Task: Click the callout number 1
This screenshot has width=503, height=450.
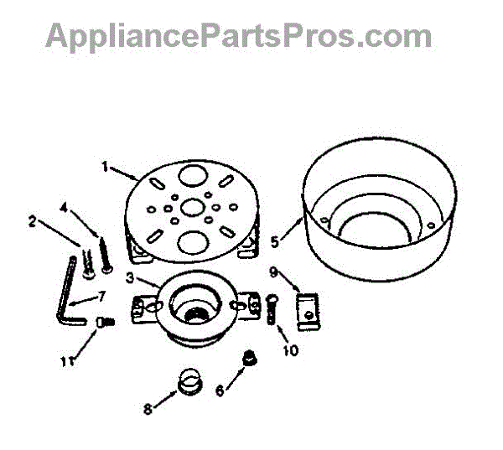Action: coord(106,167)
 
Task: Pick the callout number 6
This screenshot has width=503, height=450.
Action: coord(220,390)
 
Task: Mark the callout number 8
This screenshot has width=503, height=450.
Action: coord(148,409)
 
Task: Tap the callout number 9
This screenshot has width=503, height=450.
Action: coord(272,271)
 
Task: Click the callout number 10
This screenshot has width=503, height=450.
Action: coord(290,351)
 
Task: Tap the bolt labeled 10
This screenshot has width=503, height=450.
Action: coord(271,313)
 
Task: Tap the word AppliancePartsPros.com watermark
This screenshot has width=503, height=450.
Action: coord(239,36)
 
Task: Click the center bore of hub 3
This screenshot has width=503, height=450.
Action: coord(197,311)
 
